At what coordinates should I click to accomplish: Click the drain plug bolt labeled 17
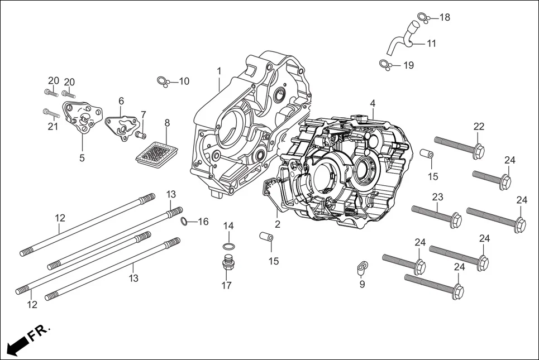[x=227, y=264]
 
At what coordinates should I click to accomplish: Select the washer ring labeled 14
[x=228, y=247]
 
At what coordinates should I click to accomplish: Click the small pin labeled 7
[x=140, y=135]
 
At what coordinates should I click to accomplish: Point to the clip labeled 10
[x=163, y=82]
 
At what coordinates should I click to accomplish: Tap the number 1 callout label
[x=219, y=71]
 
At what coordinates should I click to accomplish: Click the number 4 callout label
[x=372, y=103]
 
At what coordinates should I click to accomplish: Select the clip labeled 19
[x=384, y=65]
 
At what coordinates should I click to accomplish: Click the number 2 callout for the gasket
[x=278, y=224]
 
